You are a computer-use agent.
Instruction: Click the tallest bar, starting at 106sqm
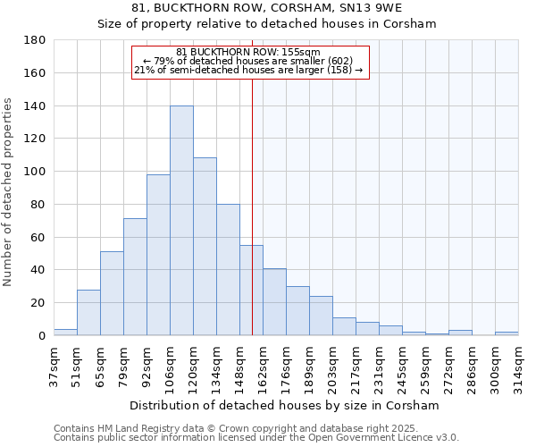pos(181,221)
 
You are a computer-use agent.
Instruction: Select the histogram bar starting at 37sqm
pos(65,332)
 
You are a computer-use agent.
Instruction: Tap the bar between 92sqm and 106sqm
pos(158,255)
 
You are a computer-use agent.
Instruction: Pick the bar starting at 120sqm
pos(205,247)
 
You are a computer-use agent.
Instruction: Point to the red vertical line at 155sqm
pos(252,206)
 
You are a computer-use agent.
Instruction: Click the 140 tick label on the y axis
pos(35,106)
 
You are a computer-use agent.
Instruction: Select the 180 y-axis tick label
pos(35,40)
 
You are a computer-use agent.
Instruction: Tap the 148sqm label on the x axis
pos(239,367)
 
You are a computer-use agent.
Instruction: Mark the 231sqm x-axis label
pos(379,367)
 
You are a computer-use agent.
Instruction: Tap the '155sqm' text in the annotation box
pos(302,53)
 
